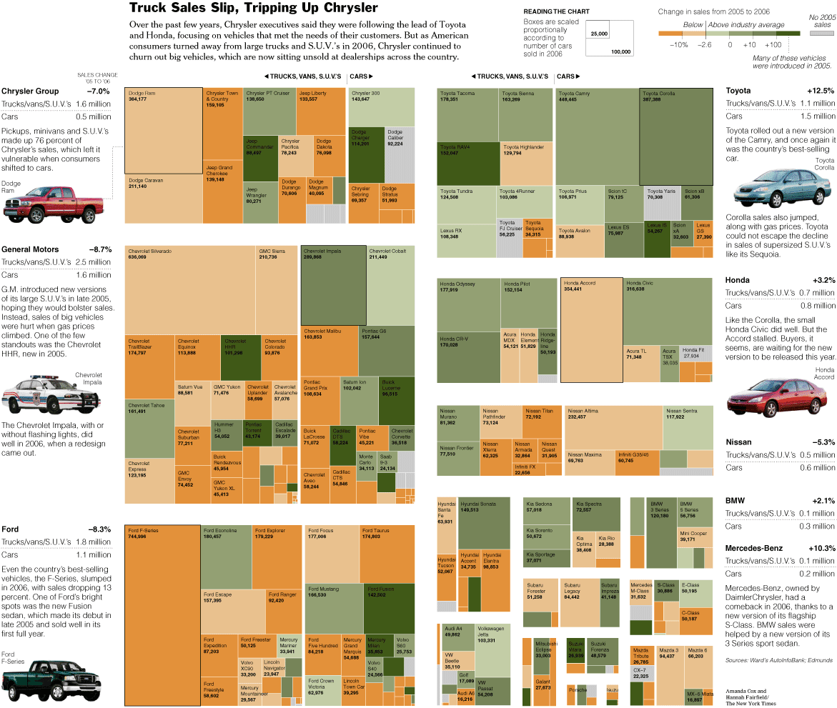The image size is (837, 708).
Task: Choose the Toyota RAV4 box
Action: click(x=467, y=164)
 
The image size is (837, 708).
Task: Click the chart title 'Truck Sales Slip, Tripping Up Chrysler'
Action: click(x=253, y=8)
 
